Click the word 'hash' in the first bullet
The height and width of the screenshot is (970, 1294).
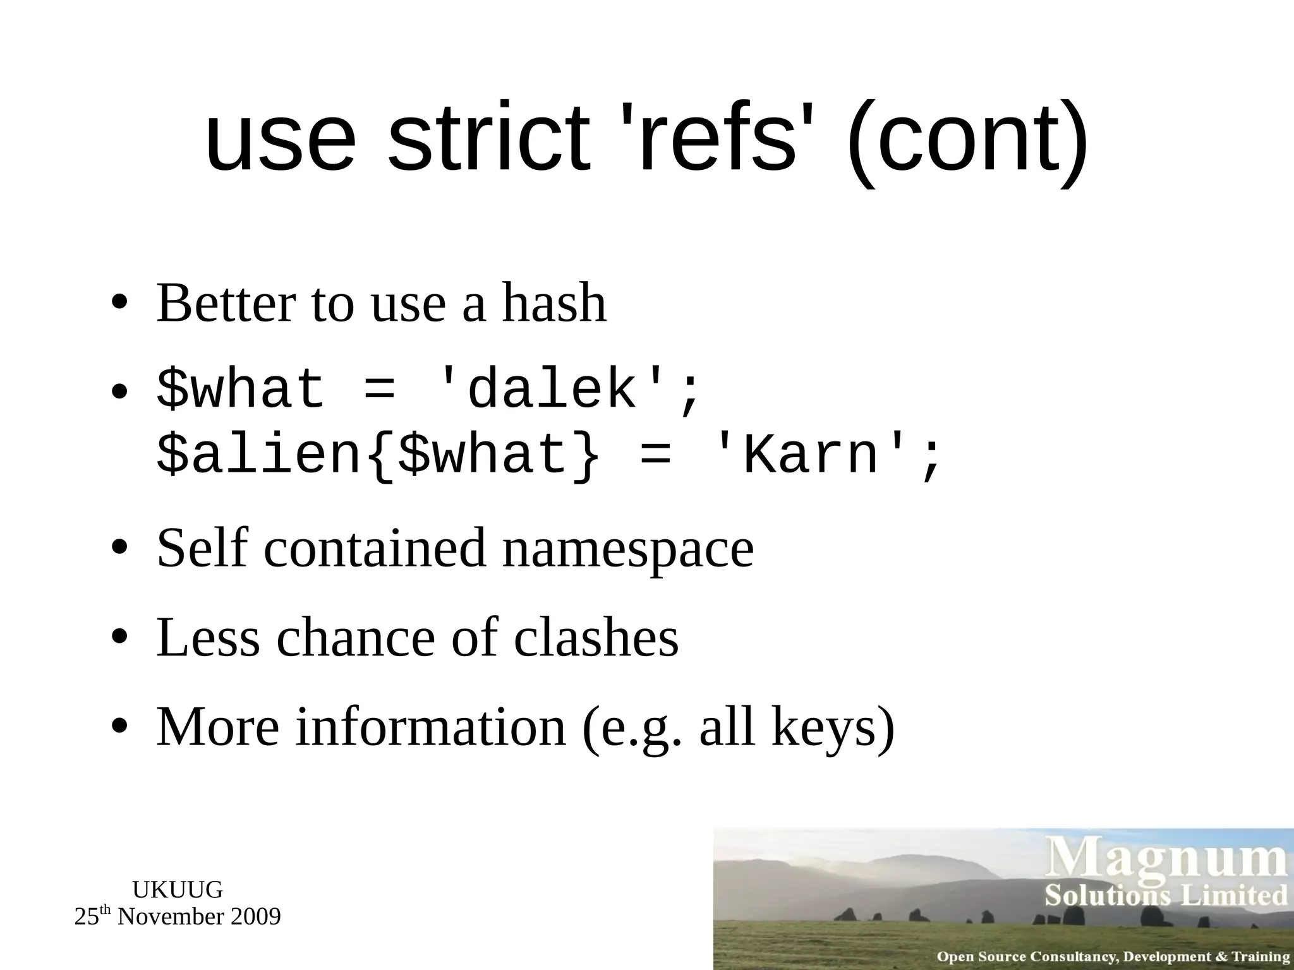coord(554,303)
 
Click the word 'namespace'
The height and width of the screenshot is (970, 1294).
coord(628,548)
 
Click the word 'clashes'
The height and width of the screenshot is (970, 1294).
coord(596,638)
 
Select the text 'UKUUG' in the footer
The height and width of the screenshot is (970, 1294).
coord(178,890)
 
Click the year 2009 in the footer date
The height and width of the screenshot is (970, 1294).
coord(255,916)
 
